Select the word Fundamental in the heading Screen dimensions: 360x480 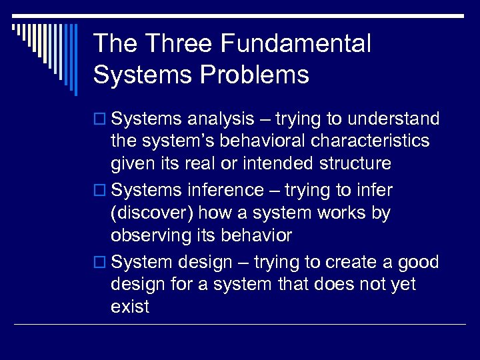coord(295,44)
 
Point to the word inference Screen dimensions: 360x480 coord(224,191)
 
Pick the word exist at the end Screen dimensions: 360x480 coord(130,307)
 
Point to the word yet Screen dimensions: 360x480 coord(403,285)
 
